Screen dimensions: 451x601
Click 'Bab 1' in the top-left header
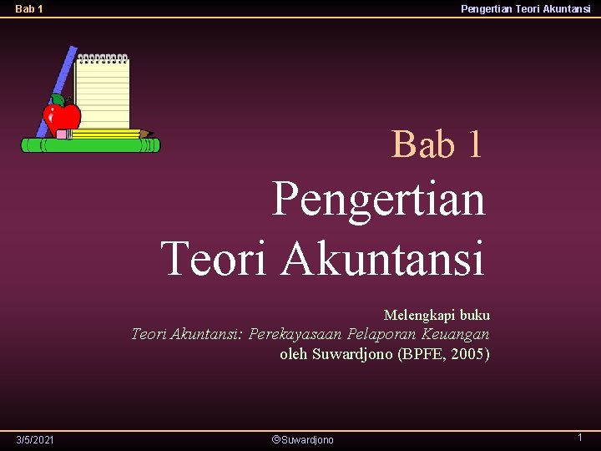(x=29, y=10)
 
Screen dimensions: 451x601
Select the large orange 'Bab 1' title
(x=437, y=144)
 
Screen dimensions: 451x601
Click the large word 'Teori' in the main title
(x=214, y=257)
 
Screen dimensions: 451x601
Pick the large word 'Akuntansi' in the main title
(x=382, y=257)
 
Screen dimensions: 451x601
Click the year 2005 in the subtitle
(x=467, y=353)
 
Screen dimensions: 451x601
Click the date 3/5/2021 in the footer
(x=35, y=439)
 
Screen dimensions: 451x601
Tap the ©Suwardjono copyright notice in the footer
(x=303, y=439)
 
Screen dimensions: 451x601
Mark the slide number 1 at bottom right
(x=579, y=438)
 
